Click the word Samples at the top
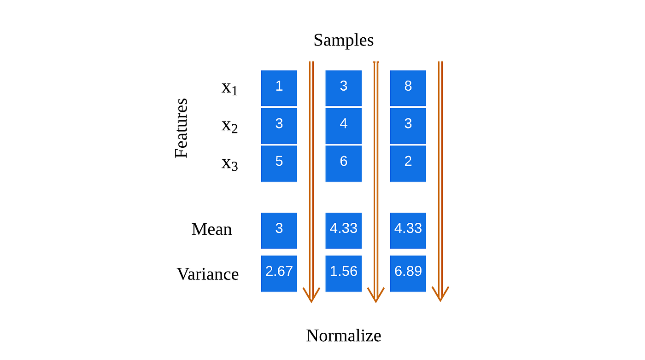click(343, 40)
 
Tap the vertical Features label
click(182, 128)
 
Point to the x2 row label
click(229, 125)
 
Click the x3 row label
click(229, 163)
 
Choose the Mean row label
click(211, 229)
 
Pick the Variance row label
click(208, 274)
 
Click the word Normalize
click(343, 336)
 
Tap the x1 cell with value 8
click(408, 88)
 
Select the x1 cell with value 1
click(279, 88)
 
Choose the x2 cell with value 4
click(343, 126)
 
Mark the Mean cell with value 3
click(279, 230)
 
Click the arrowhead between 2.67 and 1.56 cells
click(311, 295)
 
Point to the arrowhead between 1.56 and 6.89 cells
click(376, 295)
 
